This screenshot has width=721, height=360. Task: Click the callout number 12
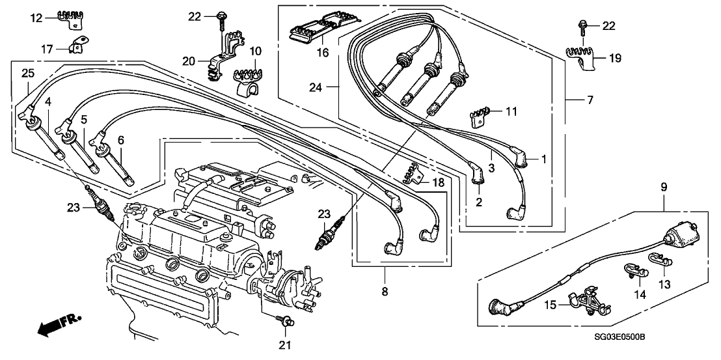point(36,18)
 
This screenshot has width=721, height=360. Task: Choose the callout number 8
point(384,292)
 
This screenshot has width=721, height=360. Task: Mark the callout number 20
point(189,61)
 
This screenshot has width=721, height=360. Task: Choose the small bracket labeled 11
point(479,118)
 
